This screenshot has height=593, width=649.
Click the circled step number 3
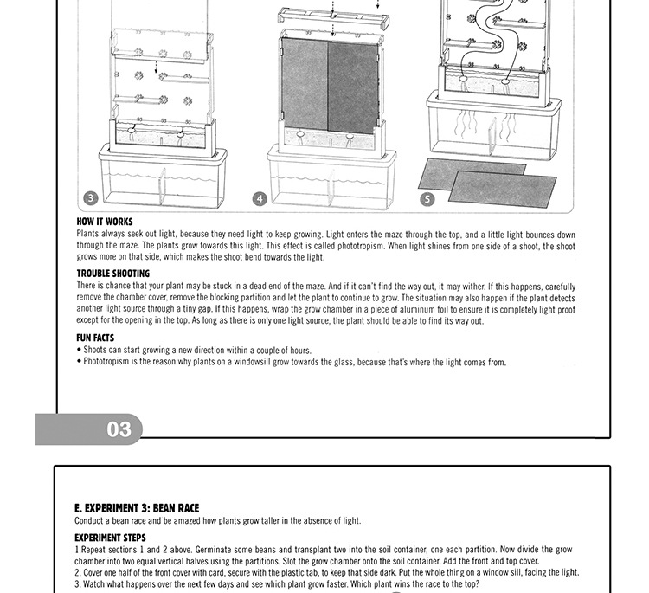coord(91,199)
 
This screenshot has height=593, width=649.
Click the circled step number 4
coord(260,199)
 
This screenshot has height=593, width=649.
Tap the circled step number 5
coord(427,199)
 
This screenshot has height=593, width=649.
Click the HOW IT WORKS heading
coord(105,222)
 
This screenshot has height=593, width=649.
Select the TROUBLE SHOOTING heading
coord(113,274)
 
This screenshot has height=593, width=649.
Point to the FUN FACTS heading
coord(95,338)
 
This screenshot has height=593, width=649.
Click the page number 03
coord(119,429)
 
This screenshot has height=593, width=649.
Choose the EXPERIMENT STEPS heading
coord(110,538)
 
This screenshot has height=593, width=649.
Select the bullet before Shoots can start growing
coord(79,351)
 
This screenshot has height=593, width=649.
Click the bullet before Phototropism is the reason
coord(79,363)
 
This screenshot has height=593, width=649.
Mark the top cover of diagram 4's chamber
coord(332,17)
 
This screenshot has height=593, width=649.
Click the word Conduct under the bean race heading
coord(90,521)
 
